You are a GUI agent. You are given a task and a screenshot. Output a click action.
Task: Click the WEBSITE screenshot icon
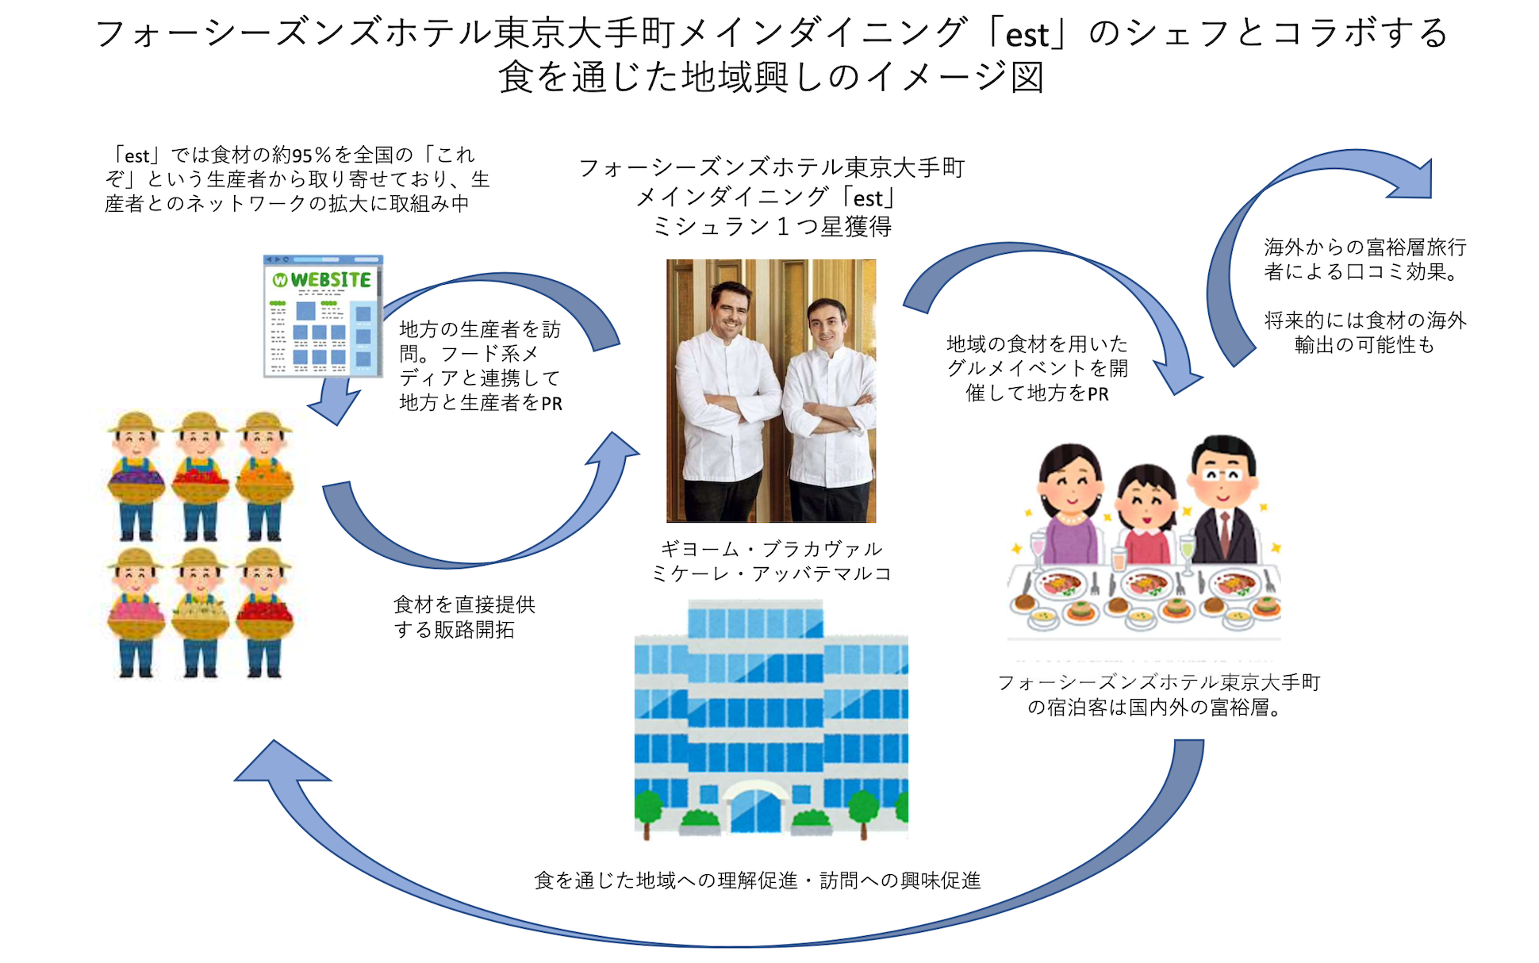[x=324, y=316]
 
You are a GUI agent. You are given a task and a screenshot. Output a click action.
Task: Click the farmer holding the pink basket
[x=136, y=611]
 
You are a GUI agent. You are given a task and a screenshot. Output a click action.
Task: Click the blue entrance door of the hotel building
[x=754, y=809]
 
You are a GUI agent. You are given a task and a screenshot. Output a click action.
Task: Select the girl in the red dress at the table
[x=1146, y=516]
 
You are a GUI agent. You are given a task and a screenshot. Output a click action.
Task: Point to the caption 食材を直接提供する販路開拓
[x=464, y=617]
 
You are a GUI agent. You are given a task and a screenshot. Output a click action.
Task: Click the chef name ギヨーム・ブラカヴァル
[x=771, y=549]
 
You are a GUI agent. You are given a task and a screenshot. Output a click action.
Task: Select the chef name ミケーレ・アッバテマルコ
[x=771, y=574]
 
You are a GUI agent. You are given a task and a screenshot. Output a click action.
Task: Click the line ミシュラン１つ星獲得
[x=771, y=227]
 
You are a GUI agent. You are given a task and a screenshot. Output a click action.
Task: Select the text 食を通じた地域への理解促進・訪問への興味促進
[x=758, y=881]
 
